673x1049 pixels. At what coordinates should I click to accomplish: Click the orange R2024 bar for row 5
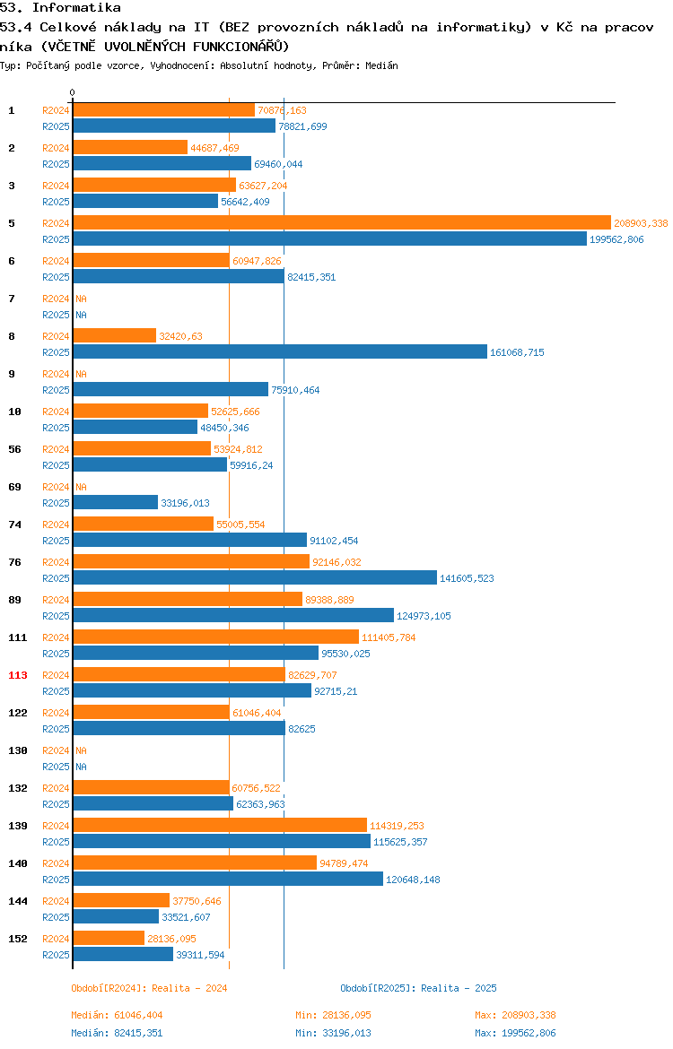coord(342,222)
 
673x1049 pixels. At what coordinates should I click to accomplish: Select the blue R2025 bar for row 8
coord(280,351)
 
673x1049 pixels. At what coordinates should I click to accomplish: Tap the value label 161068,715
coord(517,352)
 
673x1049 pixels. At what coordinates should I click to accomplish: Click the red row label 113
coord(18,675)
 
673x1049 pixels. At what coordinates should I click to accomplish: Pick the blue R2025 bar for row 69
coord(115,502)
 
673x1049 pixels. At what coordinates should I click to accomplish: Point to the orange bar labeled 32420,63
coord(115,336)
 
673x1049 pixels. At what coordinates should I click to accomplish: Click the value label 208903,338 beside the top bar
coord(641,223)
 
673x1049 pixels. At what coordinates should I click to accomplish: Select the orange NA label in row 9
coord(81,374)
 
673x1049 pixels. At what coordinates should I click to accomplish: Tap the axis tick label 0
coord(73,93)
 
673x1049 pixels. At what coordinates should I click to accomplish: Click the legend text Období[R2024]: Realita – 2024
coord(149,988)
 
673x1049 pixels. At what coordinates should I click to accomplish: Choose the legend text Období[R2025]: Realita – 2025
coord(418,988)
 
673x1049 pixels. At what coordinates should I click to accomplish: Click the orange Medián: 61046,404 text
coord(118,1015)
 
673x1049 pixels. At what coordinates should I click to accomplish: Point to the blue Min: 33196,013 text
coord(334,1033)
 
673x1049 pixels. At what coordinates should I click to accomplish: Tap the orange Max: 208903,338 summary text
coord(516,1015)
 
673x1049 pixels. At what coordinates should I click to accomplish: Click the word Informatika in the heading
coord(76,8)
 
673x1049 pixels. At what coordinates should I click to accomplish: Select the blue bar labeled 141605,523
coord(255,578)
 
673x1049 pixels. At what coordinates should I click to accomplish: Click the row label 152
coord(18,939)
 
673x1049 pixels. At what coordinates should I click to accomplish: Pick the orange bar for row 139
coord(220,826)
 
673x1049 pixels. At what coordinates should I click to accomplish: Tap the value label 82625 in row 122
coord(302,729)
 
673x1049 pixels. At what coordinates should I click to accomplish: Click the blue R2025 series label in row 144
coord(56,917)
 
